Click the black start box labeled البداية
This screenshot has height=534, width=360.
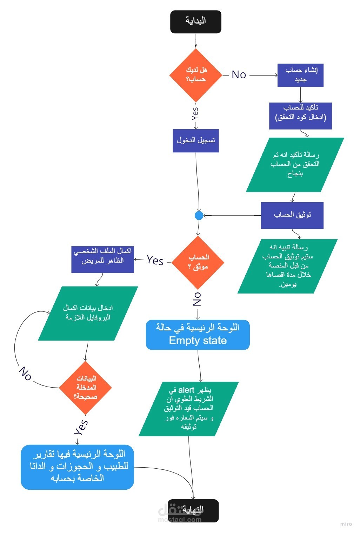click(195, 22)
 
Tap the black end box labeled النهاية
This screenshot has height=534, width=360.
click(193, 510)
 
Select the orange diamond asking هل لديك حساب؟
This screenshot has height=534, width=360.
click(195, 75)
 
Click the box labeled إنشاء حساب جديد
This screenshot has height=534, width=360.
click(300, 75)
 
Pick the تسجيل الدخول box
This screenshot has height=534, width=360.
click(195, 141)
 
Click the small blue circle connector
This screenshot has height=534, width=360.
click(199, 215)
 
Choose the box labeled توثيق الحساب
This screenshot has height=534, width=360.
click(292, 215)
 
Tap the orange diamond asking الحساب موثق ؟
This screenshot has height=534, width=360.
click(198, 262)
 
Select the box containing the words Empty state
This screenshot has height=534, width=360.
click(198, 335)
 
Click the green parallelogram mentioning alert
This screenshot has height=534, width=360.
click(189, 409)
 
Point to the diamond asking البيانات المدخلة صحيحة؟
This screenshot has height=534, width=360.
click(85, 388)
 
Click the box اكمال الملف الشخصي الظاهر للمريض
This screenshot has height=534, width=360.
click(102, 260)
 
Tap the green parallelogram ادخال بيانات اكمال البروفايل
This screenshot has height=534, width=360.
click(88, 313)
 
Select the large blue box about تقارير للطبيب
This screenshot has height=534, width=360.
click(77, 467)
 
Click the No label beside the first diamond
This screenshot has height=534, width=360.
click(239, 75)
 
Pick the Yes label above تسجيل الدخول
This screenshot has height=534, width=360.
click(195, 113)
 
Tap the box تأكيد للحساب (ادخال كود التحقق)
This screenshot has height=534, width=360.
click(300, 116)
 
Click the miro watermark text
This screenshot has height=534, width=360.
click(346, 524)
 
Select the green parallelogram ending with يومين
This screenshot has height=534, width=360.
click(288, 266)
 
